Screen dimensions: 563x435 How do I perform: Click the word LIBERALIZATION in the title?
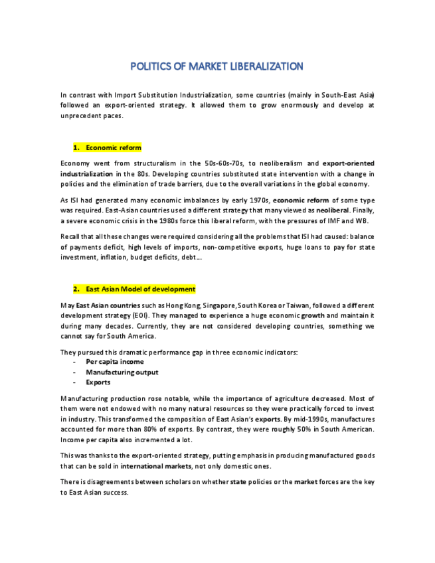pos(267,66)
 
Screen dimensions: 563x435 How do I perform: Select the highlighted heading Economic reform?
pos(113,147)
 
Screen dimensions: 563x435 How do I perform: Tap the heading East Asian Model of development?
pos(140,289)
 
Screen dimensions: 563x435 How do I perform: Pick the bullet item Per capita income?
pos(114,362)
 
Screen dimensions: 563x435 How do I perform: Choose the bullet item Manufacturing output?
pos(122,372)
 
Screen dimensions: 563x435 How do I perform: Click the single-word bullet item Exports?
pos(98,382)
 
